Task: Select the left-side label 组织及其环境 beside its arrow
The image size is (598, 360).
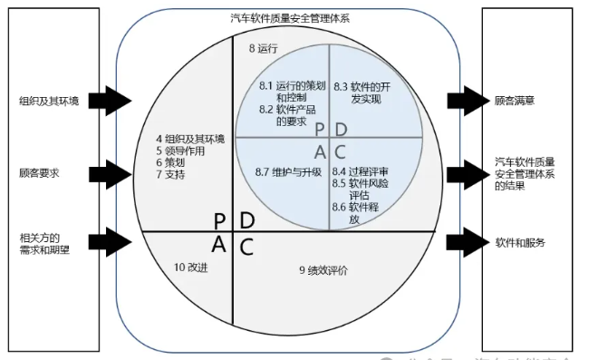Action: [x=49, y=101]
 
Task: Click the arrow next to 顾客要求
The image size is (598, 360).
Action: [x=112, y=170]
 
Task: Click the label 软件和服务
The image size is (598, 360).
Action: [x=520, y=243]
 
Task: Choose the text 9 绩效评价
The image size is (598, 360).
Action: [x=323, y=269]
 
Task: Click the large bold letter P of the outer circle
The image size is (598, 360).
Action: [x=219, y=219]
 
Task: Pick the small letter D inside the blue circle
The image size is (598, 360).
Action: [x=341, y=130]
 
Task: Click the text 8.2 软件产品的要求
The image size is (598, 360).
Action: [x=283, y=114]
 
